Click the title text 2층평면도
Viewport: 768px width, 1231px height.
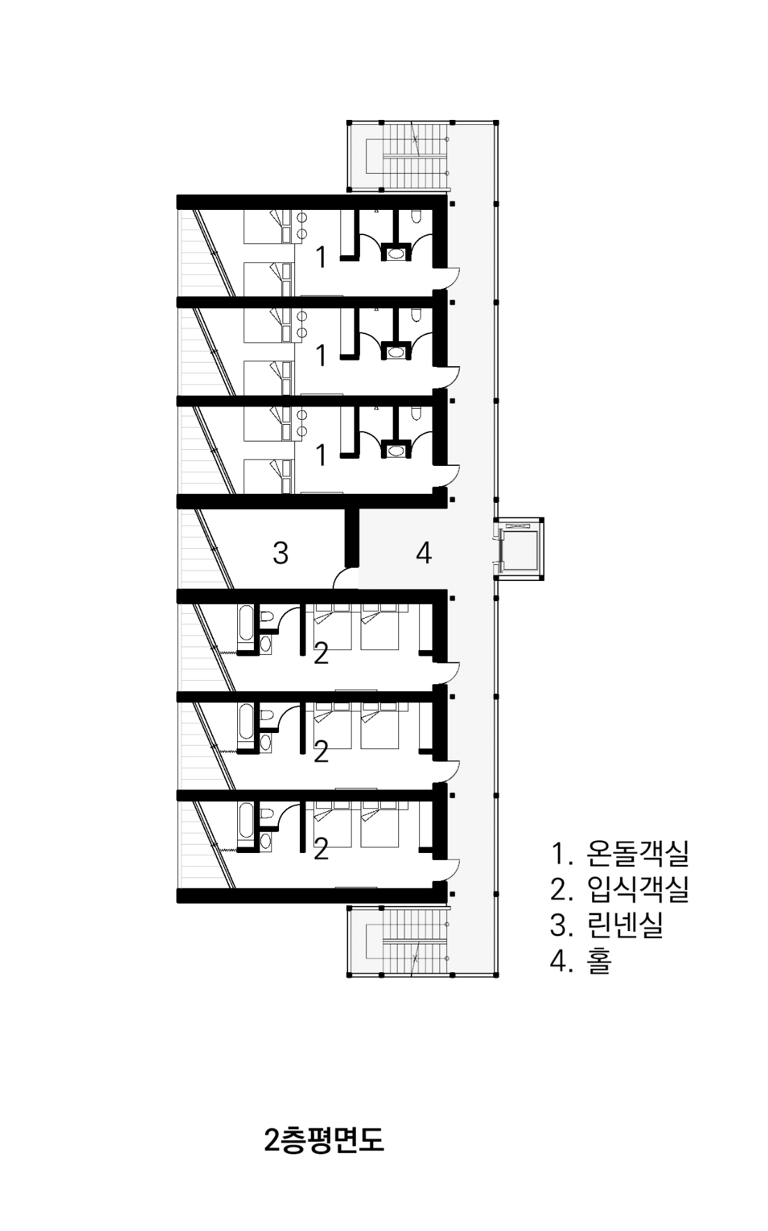(x=324, y=1140)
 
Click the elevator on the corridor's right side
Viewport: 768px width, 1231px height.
(x=520, y=549)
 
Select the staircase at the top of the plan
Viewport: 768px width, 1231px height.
(x=416, y=155)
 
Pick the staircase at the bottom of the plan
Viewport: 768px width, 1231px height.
(x=416, y=942)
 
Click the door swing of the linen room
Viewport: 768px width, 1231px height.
(x=346, y=578)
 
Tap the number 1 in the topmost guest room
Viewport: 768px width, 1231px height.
(x=321, y=257)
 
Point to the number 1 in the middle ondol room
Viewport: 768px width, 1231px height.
(x=321, y=356)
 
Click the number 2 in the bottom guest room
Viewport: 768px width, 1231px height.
(x=321, y=849)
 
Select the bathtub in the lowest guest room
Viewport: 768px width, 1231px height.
(x=246, y=822)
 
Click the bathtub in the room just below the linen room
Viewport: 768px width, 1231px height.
(x=246, y=624)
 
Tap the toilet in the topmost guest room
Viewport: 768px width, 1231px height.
(x=416, y=218)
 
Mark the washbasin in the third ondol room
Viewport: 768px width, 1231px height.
(x=397, y=451)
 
